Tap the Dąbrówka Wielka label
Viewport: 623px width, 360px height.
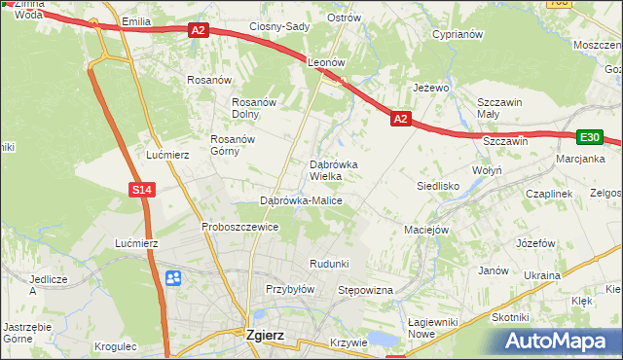tap(334, 170)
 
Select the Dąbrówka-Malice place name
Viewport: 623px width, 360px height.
tap(301, 200)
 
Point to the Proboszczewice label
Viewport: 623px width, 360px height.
tap(240, 227)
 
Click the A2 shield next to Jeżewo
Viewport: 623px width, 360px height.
tap(401, 119)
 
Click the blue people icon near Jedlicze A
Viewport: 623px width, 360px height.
tap(173, 279)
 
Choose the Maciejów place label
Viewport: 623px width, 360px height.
tap(425, 230)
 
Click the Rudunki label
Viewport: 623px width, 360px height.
tap(329, 264)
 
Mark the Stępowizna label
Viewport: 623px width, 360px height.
tap(364, 290)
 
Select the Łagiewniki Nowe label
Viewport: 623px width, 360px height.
tap(434, 327)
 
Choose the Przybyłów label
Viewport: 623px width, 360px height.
tap(290, 289)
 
